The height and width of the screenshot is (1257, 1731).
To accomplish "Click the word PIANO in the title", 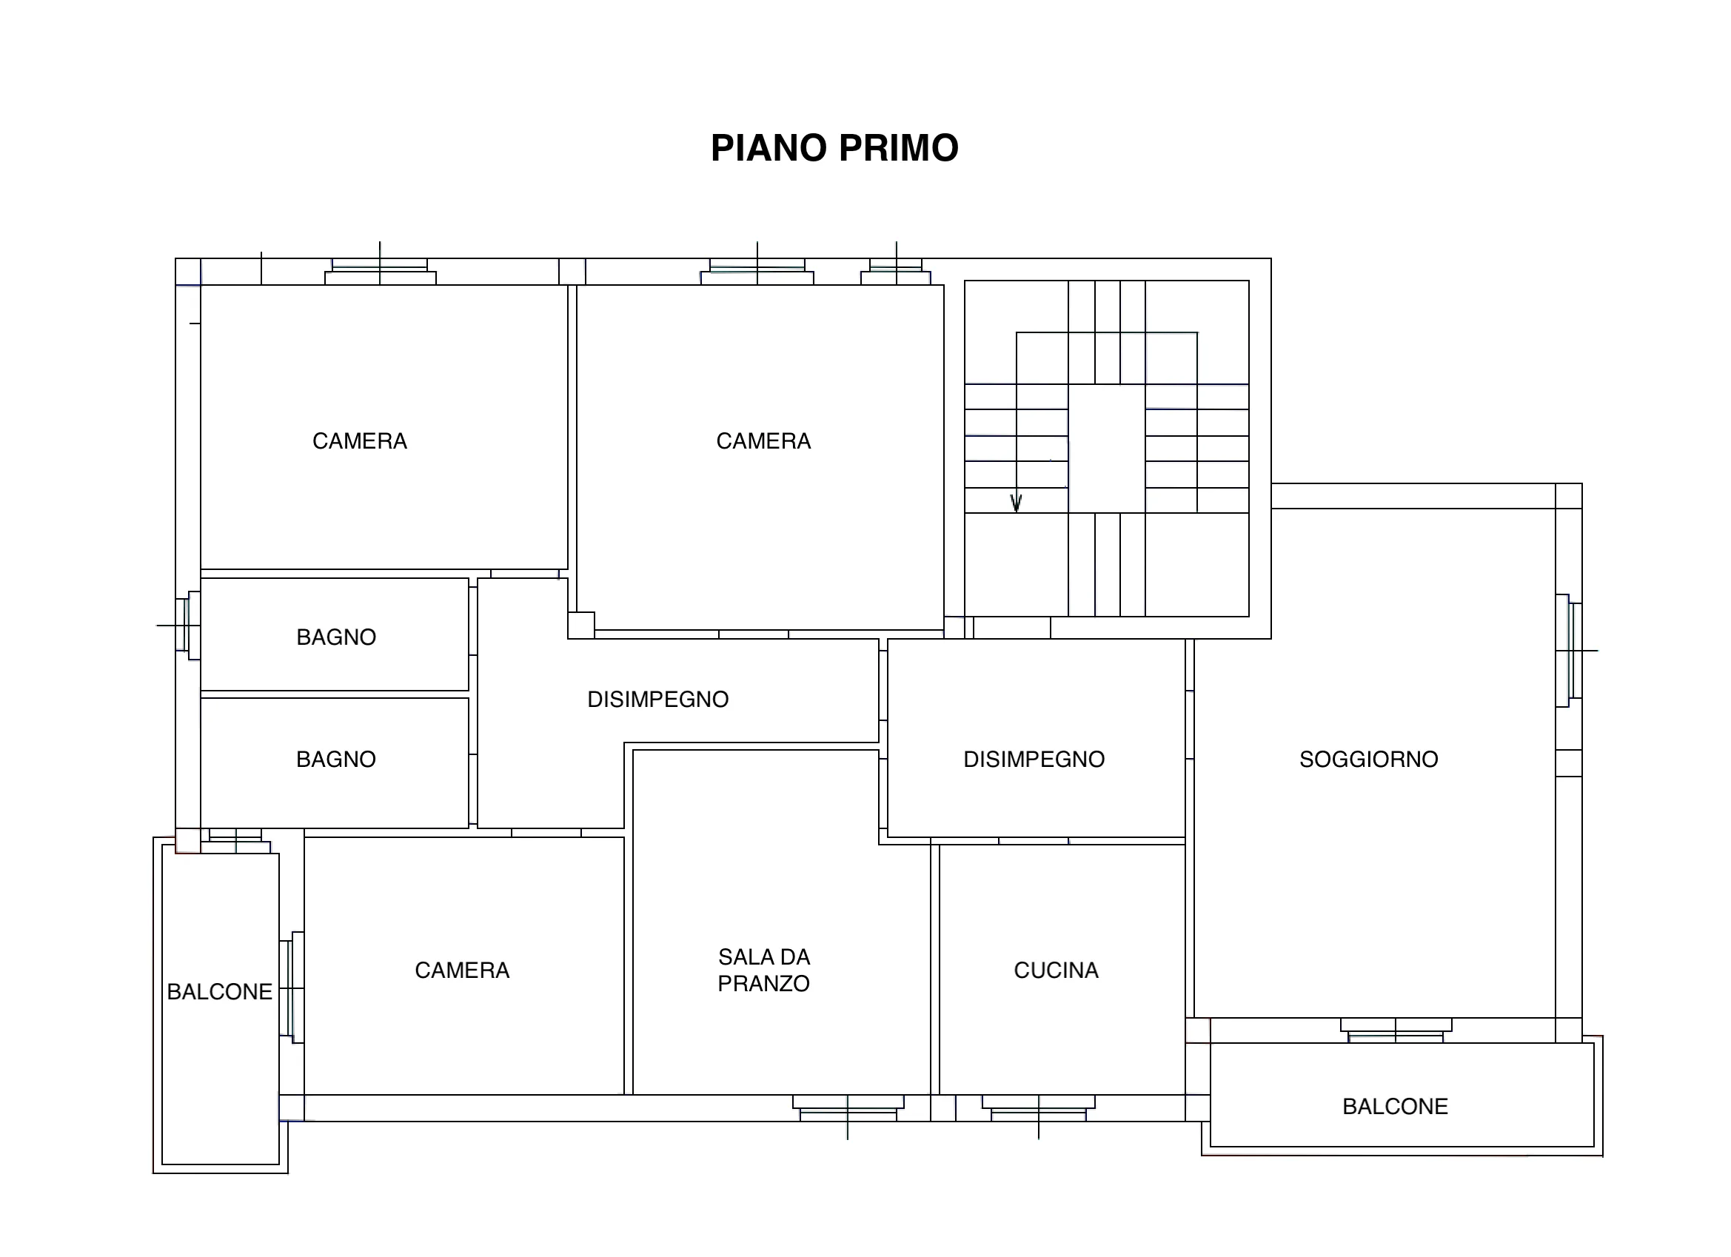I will (x=769, y=148).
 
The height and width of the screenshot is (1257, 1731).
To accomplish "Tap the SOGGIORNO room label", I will (x=1368, y=760).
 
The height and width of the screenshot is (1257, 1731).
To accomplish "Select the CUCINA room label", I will (x=1056, y=970).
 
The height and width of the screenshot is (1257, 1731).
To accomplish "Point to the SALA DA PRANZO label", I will (x=763, y=970).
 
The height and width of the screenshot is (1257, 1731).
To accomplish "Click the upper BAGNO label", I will (x=336, y=637).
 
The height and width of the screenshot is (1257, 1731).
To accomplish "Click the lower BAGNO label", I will (x=336, y=760).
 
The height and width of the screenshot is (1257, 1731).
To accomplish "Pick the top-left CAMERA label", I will (x=360, y=441).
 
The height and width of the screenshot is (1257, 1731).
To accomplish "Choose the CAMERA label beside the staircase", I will (x=763, y=441).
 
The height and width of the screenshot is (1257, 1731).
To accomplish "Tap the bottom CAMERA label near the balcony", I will (x=462, y=970).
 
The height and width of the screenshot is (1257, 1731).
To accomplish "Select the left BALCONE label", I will (x=219, y=991).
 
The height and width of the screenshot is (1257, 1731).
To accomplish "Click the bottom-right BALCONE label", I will (x=1394, y=1107).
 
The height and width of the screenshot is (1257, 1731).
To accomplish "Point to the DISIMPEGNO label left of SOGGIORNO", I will (x=1034, y=760).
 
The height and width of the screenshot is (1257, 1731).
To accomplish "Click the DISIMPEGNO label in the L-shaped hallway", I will (x=657, y=699).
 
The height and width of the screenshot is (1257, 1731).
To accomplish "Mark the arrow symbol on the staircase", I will (x=1016, y=502).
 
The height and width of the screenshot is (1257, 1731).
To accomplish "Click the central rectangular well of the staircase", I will (x=1106, y=448).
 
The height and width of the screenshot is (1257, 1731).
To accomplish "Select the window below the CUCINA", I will (x=1038, y=1109).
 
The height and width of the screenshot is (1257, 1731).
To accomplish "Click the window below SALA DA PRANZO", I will (x=848, y=1109).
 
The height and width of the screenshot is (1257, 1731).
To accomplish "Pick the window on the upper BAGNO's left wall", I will (x=187, y=625).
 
